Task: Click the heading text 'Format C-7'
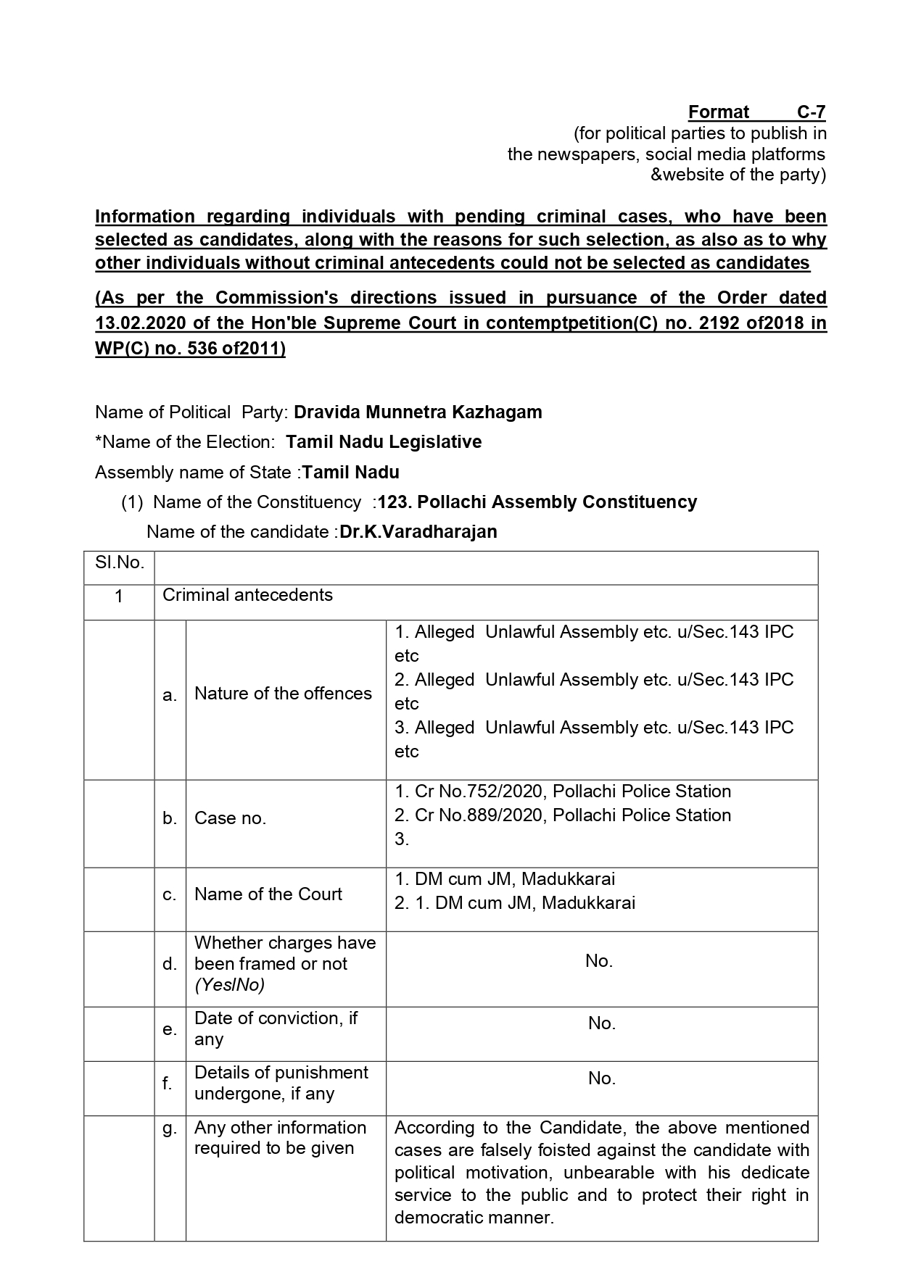coord(756,112)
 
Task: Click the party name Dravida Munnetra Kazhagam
coord(418,412)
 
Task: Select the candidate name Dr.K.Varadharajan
coord(418,532)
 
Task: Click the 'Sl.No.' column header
coord(120,562)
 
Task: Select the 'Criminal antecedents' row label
coord(247,595)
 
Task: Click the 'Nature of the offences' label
coord(283,694)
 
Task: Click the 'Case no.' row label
coord(230,818)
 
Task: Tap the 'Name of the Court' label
coord(268,894)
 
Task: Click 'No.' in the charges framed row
coord(599,961)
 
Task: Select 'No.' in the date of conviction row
coord(602,1023)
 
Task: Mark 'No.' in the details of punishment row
coord(602,1078)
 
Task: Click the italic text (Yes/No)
coord(229,985)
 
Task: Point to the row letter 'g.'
coord(170,1128)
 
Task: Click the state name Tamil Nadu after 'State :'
coord(351,473)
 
